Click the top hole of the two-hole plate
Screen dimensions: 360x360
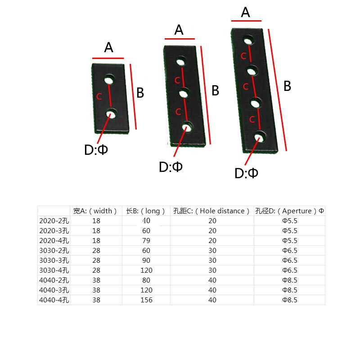(x=109, y=80)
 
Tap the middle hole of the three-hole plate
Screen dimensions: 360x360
(x=184, y=94)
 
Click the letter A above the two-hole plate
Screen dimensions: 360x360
(x=108, y=47)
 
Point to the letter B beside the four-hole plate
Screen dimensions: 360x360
(x=287, y=86)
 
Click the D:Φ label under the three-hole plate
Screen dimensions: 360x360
(x=171, y=167)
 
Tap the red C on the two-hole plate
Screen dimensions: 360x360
(x=99, y=96)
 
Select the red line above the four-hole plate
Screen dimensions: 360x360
(x=246, y=21)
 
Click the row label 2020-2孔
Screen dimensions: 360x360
(x=54, y=221)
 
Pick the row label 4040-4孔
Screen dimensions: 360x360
(x=54, y=300)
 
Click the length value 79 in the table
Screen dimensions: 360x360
(x=146, y=241)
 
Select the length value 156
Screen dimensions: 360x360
(x=146, y=300)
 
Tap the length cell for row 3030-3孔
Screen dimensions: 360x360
(x=146, y=261)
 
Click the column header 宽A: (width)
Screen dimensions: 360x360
(x=95, y=211)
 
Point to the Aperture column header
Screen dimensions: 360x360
(x=289, y=211)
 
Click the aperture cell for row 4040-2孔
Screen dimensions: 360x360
(x=289, y=280)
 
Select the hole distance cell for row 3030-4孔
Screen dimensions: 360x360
(x=212, y=270)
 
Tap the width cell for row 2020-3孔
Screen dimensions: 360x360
(x=96, y=231)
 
